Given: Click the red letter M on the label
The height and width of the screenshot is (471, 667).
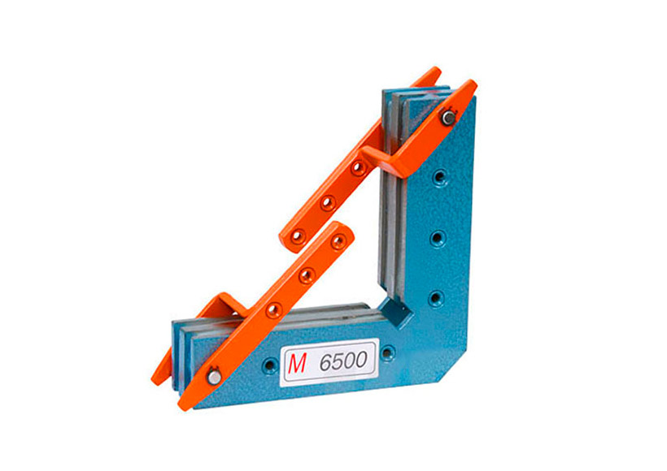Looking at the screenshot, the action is click(x=297, y=363).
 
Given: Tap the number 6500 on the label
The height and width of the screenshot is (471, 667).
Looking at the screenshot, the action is click(x=343, y=361).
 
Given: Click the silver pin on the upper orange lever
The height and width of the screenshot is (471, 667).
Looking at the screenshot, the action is click(x=448, y=118).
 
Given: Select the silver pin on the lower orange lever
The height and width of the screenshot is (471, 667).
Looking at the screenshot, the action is click(x=215, y=377).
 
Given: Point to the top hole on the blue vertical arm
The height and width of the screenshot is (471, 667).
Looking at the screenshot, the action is click(x=440, y=177).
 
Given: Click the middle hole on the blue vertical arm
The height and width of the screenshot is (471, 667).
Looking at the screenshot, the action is click(x=438, y=238).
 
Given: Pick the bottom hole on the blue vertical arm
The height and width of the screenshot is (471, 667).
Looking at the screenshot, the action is click(x=435, y=298).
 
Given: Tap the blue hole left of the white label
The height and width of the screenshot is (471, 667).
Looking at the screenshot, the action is click(x=270, y=364).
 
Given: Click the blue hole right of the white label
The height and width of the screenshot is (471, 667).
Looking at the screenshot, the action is click(x=387, y=353).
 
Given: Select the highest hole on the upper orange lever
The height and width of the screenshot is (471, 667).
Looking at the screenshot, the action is click(x=359, y=168).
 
